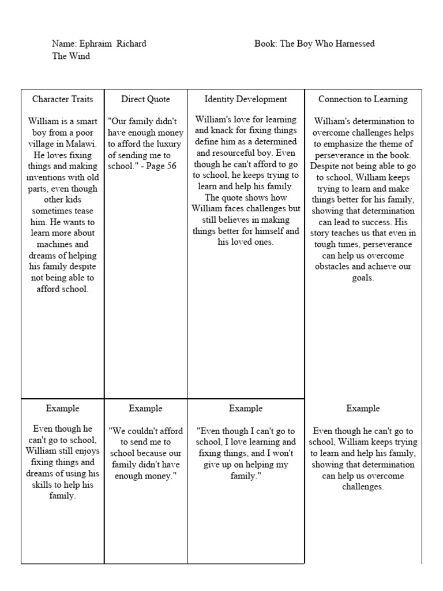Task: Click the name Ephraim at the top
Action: click(x=96, y=44)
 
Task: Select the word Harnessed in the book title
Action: click(x=355, y=44)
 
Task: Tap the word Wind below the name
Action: click(x=80, y=56)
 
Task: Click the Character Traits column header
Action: click(x=62, y=99)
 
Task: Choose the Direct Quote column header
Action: click(x=145, y=99)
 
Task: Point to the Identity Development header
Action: click(x=246, y=99)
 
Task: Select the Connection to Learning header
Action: click(x=363, y=99)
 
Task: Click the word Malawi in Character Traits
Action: click(x=84, y=144)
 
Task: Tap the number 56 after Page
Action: click(x=170, y=166)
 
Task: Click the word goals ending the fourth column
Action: click(x=363, y=278)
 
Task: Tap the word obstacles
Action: click(x=335, y=267)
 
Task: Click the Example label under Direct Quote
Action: click(x=145, y=409)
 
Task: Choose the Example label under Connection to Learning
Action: click(x=363, y=409)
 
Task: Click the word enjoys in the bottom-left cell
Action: click(x=86, y=451)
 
